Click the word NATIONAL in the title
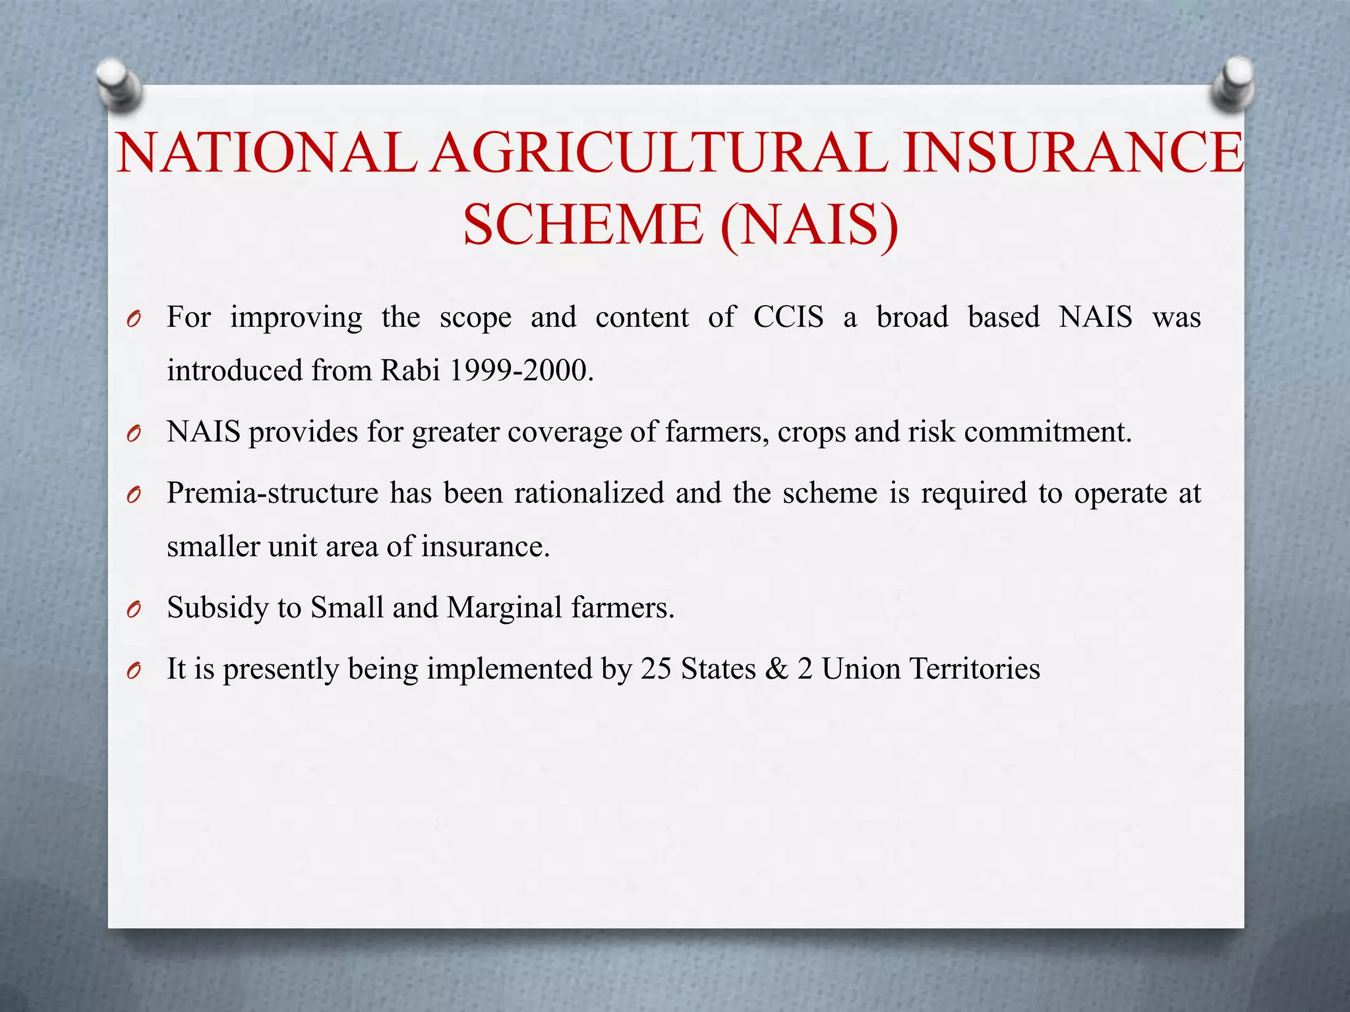[x=266, y=153]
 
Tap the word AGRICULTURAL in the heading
[x=660, y=153]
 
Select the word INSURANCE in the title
[x=1073, y=153]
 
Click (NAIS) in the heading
[x=809, y=225]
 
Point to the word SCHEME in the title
[x=583, y=225]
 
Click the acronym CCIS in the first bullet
[x=788, y=318]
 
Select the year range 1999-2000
[x=517, y=371]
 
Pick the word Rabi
[x=410, y=371]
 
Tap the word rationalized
[x=589, y=493]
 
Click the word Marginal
[x=504, y=607]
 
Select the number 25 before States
[x=656, y=669]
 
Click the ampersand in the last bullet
[x=777, y=669]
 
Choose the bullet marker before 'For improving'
[x=134, y=320]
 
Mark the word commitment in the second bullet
[x=1047, y=432]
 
